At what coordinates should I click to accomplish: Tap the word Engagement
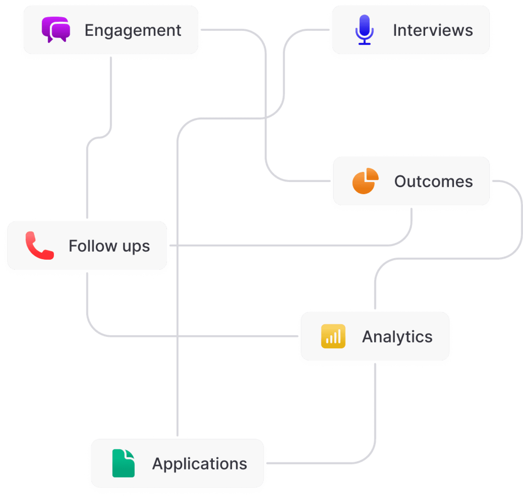coord(133,30)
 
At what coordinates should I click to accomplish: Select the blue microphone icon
coord(364,29)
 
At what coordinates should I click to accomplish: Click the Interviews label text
coord(433,30)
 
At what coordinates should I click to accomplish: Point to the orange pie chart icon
coord(365,181)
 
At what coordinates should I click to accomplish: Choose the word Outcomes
coord(433,181)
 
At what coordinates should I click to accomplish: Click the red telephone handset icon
coord(39,245)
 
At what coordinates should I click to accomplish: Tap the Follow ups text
coord(109,246)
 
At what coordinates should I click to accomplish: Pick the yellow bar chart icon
coord(333,336)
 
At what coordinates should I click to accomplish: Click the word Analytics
coord(397,337)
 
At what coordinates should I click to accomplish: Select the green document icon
coord(123,463)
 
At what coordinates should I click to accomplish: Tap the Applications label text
coord(200,464)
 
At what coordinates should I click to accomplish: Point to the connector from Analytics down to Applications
coord(375,415)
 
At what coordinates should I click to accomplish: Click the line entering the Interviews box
coord(311,30)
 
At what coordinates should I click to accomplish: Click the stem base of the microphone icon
coord(364,43)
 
